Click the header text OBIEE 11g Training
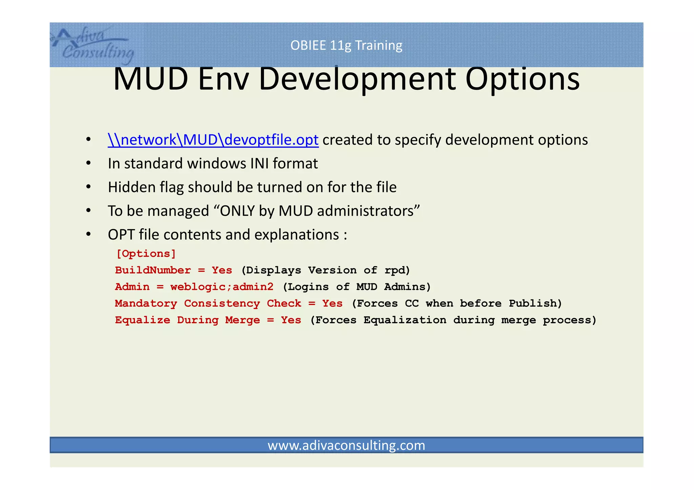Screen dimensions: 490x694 346,45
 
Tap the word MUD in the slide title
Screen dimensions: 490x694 150,79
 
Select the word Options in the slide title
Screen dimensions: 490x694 522,79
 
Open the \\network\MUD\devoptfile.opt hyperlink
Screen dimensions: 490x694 213,140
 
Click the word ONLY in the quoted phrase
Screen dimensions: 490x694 237,211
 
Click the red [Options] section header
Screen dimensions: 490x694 146,253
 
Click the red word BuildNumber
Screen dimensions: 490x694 153,270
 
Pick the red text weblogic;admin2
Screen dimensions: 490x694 222,287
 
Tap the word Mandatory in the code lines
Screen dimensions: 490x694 146,303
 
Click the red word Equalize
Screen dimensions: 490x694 142,320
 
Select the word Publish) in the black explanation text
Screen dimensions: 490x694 535,303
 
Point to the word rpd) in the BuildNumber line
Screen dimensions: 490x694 397,270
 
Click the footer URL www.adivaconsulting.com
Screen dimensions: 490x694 346,445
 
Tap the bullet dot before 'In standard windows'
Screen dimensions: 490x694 88,163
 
